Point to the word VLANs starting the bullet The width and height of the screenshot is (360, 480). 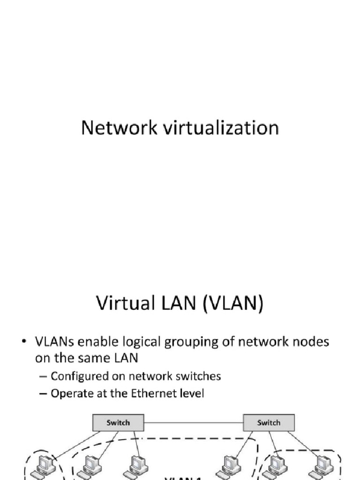coord(53,342)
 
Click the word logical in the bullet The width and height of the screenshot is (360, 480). coord(141,342)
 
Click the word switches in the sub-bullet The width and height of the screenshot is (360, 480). coord(198,376)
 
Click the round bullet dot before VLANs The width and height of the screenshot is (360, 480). coord(23,342)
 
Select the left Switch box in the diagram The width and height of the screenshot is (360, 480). coord(118,422)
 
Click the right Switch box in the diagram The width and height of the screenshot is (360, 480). coord(269,422)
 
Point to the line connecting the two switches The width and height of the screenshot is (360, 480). coord(193,422)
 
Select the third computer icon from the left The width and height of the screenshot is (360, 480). coord(132,466)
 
